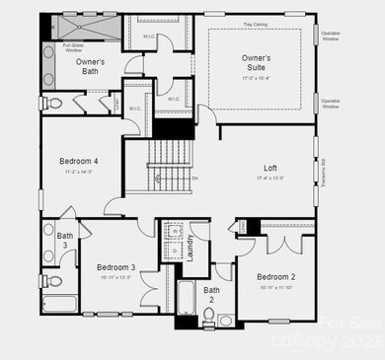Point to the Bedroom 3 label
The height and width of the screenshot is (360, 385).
115,267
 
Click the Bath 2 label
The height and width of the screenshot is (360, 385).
211,295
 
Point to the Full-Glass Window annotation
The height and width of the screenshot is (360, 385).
72,47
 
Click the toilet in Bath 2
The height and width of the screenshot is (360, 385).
208,317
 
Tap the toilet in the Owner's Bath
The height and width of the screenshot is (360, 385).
56,102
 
